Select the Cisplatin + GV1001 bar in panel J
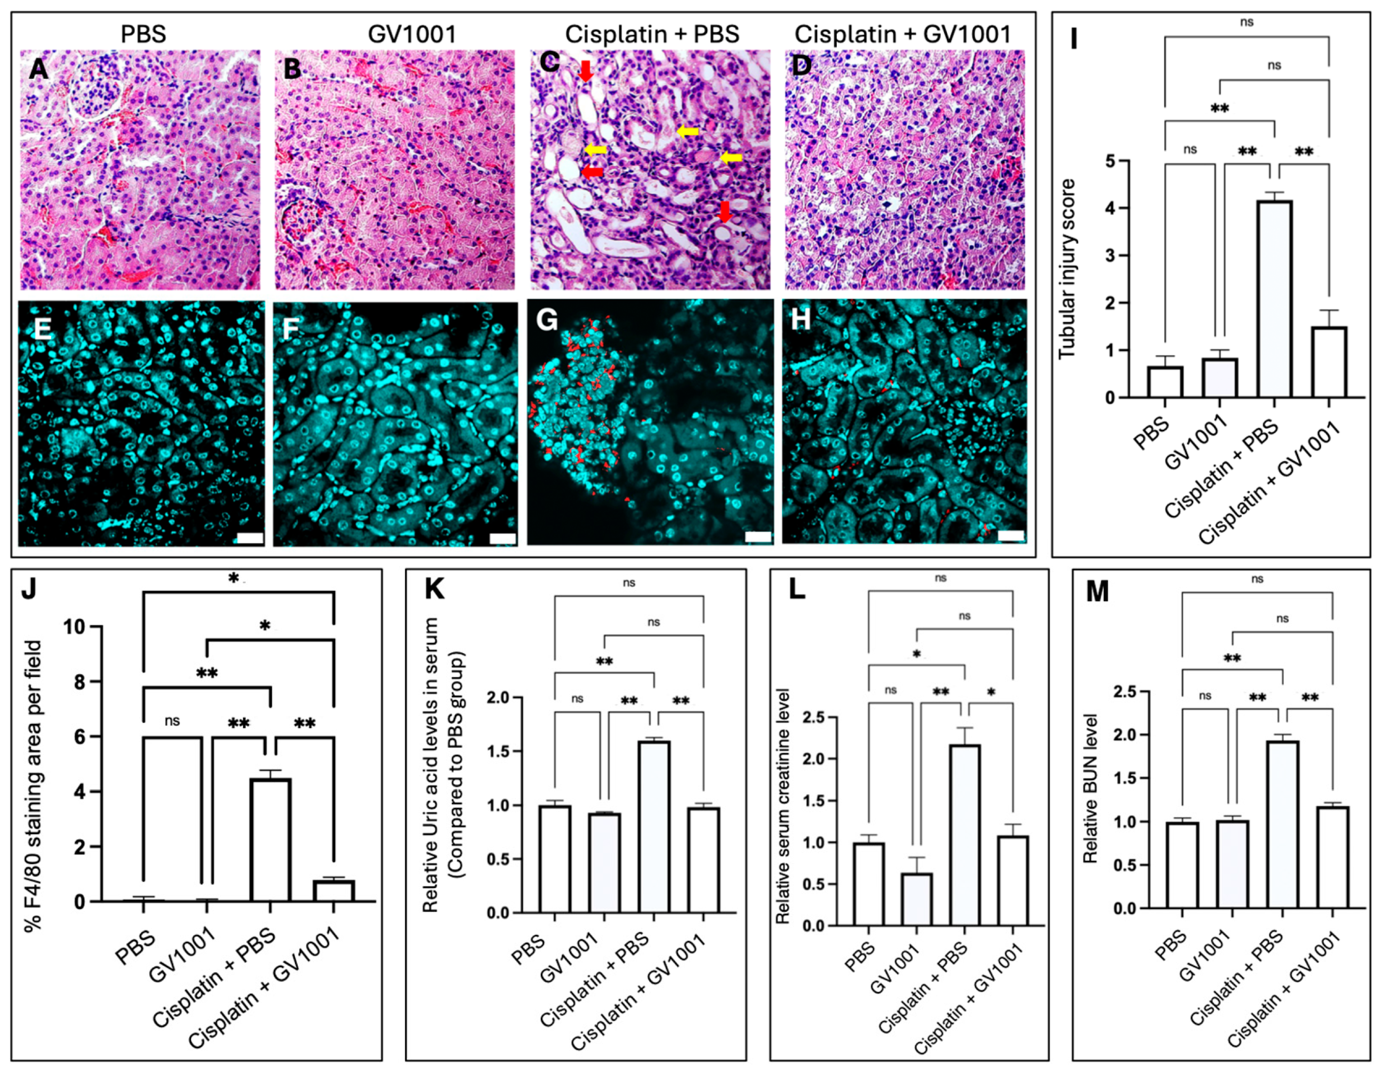point(334,890)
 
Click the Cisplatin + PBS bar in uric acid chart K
point(654,826)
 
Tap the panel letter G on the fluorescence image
point(547,321)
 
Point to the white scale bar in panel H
point(1011,536)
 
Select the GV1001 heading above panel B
point(411,33)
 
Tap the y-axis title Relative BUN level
point(1090,788)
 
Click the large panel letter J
point(28,589)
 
